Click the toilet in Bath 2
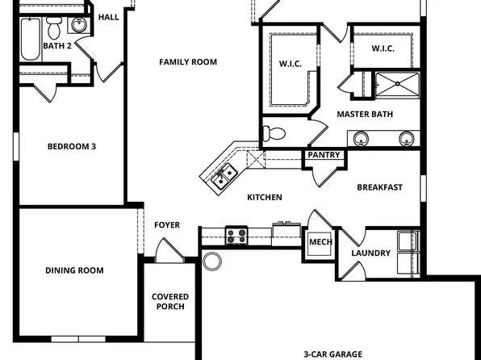pyautogui.click(x=54, y=30)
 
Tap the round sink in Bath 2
pyautogui.click(x=78, y=23)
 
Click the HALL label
pyautogui.click(x=107, y=17)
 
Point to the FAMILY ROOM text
pyautogui.click(x=187, y=62)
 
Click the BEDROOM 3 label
pyautogui.click(x=72, y=146)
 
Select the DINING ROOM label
pyautogui.click(x=74, y=270)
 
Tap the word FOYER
pyautogui.click(x=167, y=225)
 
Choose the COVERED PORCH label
pyautogui.click(x=169, y=302)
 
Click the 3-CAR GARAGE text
pyautogui.click(x=333, y=354)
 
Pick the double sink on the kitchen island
pyautogui.click(x=224, y=174)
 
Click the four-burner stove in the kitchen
pyautogui.click(x=236, y=236)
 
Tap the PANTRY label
pyautogui.click(x=324, y=155)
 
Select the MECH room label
pyautogui.click(x=320, y=242)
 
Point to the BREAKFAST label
pyautogui.click(x=379, y=187)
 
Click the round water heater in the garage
pyautogui.click(x=213, y=262)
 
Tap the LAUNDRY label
pyautogui.click(x=371, y=253)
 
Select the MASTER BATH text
pyautogui.click(x=365, y=114)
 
